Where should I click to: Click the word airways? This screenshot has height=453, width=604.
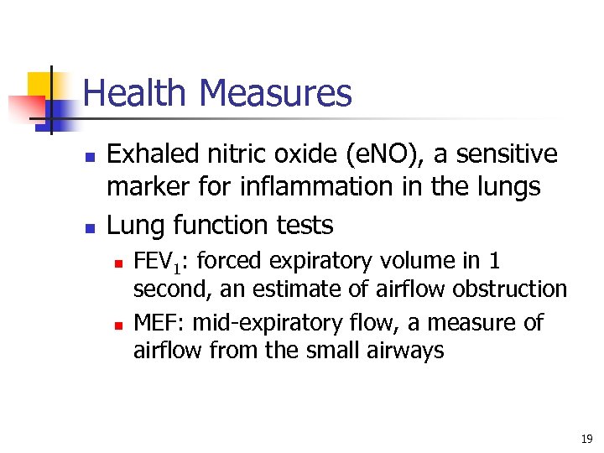tap(406, 351)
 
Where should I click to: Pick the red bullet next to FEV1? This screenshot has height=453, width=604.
tap(117, 263)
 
